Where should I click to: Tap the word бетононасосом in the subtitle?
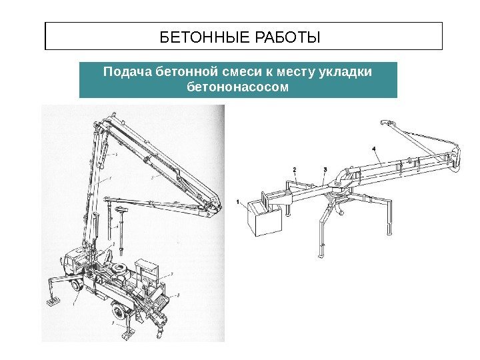238,87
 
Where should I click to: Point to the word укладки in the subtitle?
344,72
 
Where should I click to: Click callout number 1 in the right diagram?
238,200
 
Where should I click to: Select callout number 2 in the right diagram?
294,169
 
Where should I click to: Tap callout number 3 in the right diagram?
325,169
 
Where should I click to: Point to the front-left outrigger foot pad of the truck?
51,303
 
